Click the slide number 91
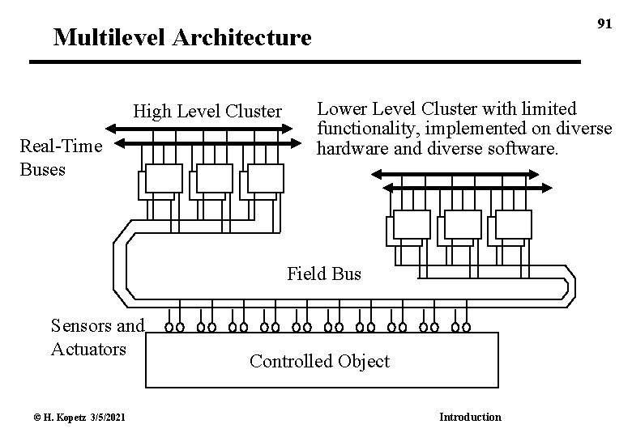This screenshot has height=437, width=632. (604, 23)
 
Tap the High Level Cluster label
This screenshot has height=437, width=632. (207, 111)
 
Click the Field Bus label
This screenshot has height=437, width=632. (324, 274)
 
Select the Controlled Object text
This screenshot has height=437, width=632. (319, 362)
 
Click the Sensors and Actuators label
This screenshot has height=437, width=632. (96, 337)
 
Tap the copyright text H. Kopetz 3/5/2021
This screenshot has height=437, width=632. (70, 417)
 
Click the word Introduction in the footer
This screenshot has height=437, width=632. (470, 417)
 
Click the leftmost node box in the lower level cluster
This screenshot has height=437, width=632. (412, 224)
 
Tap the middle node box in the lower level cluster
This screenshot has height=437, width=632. (463, 224)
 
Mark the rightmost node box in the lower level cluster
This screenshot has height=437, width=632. (514, 224)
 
